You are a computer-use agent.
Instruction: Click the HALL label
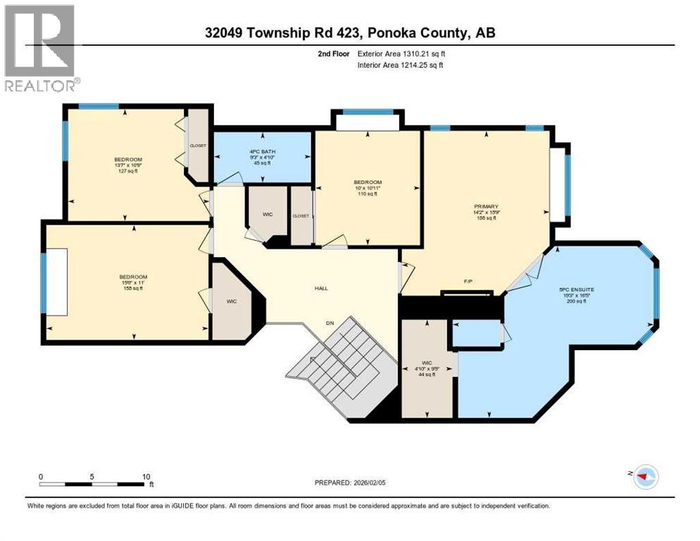pyautogui.click(x=321, y=288)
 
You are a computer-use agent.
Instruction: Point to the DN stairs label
pyautogui.click(x=329, y=323)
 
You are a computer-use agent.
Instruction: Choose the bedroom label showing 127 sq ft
pyautogui.click(x=128, y=164)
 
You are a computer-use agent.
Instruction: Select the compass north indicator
pyautogui.click(x=644, y=477)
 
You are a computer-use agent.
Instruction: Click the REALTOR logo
pyautogui.click(x=41, y=48)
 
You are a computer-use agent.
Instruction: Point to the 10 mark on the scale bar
pyautogui.click(x=146, y=476)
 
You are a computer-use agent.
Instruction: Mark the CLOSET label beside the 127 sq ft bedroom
pyautogui.click(x=198, y=145)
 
